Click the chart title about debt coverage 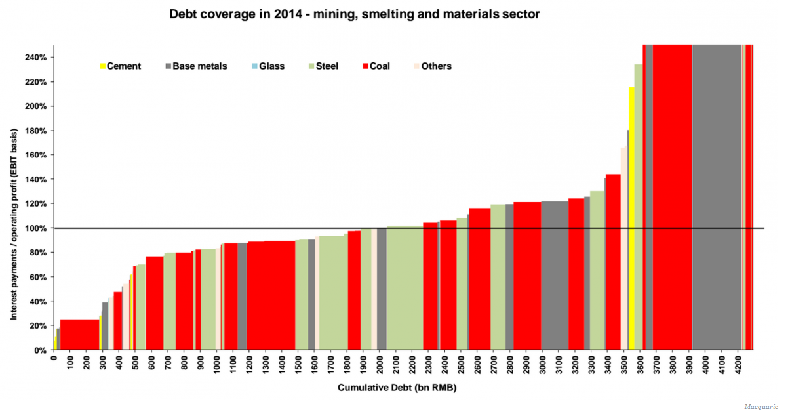coord(354,14)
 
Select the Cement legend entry coord(121,66)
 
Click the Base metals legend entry coord(196,66)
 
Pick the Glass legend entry coord(268,66)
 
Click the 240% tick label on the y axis coord(36,57)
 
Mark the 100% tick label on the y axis coord(36,228)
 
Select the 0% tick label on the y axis coord(41,350)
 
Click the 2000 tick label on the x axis coord(380,363)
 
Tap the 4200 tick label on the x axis coord(738,363)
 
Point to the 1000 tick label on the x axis coord(217,363)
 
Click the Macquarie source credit coord(761,407)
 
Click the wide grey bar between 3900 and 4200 coord(717,197)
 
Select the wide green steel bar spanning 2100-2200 coord(405,289)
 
